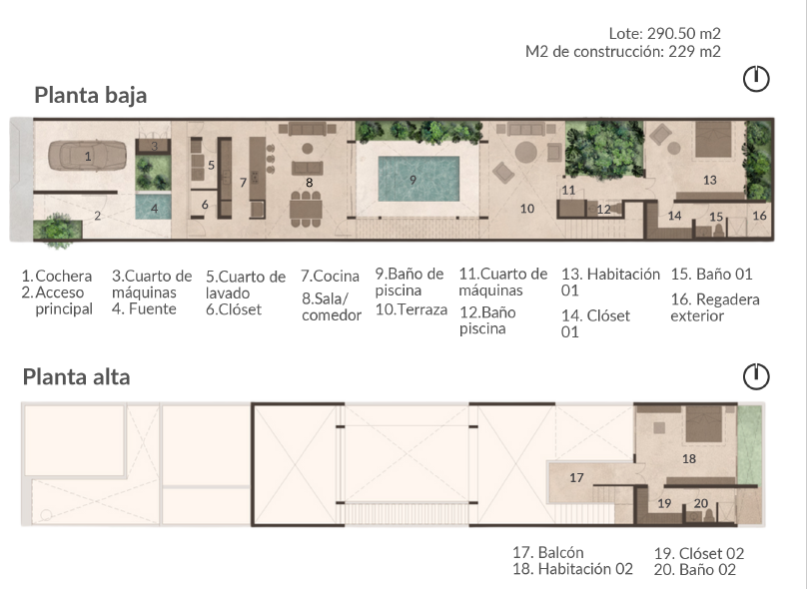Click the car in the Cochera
[x=88, y=156]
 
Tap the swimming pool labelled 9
[x=418, y=179]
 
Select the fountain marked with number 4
[x=153, y=207]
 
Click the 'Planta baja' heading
[x=91, y=95]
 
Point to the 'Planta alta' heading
[x=76, y=377]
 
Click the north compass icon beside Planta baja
[x=756, y=79]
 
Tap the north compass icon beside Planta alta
[x=756, y=376]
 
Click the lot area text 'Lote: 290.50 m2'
[x=664, y=33]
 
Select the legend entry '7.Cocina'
[x=330, y=277]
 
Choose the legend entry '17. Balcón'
[x=548, y=552]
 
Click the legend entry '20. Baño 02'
[x=695, y=570]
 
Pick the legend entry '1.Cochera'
[x=57, y=277]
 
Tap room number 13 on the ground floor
[x=710, y=180]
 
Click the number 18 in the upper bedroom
[x=688, y=459]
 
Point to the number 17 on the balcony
[x=576, y=478]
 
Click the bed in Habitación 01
[x=713, y=139]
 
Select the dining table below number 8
[x=306, y=210]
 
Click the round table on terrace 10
[x=526, y=153]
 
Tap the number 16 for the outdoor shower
[x=760, y=216]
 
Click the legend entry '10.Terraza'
[x=411, y=309]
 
